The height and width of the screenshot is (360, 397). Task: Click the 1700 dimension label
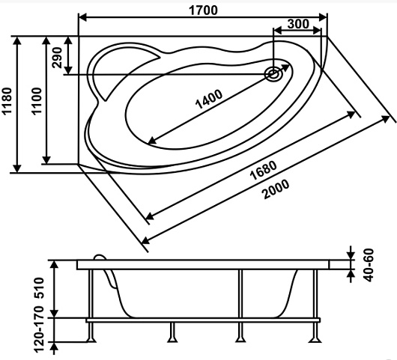(x=203, y=10)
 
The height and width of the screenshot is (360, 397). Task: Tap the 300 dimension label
(x=298, y=24)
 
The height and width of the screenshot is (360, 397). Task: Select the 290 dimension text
(x=57, y=58)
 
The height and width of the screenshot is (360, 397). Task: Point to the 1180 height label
(x=7, y=101)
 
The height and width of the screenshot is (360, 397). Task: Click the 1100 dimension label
(x=37, y=101)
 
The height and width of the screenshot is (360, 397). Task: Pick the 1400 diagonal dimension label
(x=209, y=99)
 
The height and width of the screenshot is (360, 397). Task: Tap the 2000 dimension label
(x=276, y=189)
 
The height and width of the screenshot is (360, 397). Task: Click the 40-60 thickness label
(x=369, y=265)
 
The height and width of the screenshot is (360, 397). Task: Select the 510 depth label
(x=39, y=288)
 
